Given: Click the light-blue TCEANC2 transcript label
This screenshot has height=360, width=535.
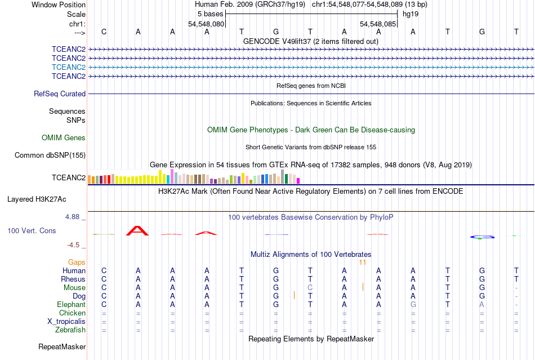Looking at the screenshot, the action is click(x=69, y=67).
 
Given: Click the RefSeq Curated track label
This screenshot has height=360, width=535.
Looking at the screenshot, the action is click(x=60, y=94).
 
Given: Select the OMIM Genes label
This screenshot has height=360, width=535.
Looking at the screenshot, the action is click(x=64, y=137).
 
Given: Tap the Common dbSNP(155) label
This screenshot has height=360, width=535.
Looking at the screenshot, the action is click(x=50, y=155).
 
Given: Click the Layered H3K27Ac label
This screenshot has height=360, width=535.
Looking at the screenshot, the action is click(x=37, y=199).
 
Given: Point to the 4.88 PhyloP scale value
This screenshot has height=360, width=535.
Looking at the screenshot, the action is click(x=72, y=217).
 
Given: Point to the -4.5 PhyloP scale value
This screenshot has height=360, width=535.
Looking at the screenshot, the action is click(x=73, y=245).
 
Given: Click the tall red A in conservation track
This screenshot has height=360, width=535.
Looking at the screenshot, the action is click(x=137, y=230).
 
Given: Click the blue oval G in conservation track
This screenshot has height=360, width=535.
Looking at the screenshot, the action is click(x=482, y=237).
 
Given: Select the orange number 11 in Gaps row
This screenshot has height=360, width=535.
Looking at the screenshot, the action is click(x=362, y=263).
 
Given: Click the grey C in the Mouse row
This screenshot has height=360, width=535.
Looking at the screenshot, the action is click(x=310, y=288).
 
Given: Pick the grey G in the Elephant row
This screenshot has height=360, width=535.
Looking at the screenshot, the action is click(x=413, y=304).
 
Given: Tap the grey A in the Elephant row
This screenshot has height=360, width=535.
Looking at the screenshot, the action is click(x=481, y=304).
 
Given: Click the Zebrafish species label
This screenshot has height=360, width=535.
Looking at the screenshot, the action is click(x=70, y=330).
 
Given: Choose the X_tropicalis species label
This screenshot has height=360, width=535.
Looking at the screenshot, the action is click(x=66, y=322).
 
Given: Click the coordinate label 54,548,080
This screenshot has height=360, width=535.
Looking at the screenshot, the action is click(x=206, y=24).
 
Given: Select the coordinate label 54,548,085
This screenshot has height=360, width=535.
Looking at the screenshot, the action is click(x=378, y=24).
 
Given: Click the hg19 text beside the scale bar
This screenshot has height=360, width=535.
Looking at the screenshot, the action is click(x=411, y=14).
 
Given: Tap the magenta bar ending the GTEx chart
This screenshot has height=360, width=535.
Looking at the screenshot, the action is click(x=298, y=181).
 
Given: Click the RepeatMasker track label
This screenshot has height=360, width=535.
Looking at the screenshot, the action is click(x=62, y=346).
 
